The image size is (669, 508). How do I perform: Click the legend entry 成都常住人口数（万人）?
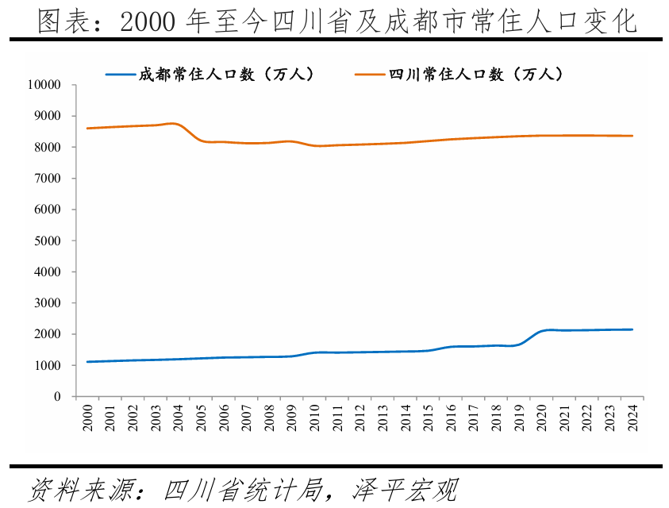[226, 75]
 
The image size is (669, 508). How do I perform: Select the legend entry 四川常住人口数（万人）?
[475, 75]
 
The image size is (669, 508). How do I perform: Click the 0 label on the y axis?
[57, 397]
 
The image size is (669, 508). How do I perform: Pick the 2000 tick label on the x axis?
[87, 418]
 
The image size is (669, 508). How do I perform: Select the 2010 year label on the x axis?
[314, 418]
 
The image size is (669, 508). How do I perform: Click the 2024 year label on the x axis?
[633, 418]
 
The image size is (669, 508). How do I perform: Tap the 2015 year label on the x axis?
[429, 418]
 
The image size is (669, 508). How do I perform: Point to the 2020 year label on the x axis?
[542, 418]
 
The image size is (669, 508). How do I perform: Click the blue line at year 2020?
[542, 331]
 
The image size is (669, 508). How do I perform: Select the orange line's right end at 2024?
[633, 136]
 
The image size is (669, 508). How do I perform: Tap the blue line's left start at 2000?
[87, 362]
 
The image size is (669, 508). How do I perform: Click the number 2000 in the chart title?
[148, 23]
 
